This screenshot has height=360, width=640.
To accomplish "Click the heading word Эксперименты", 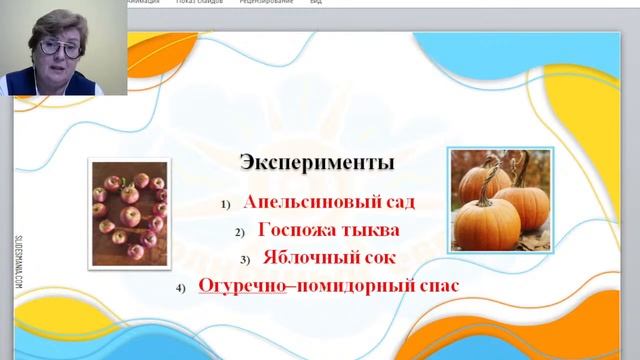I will pos(317,161).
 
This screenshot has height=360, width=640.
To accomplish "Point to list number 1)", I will pos(228,204).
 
